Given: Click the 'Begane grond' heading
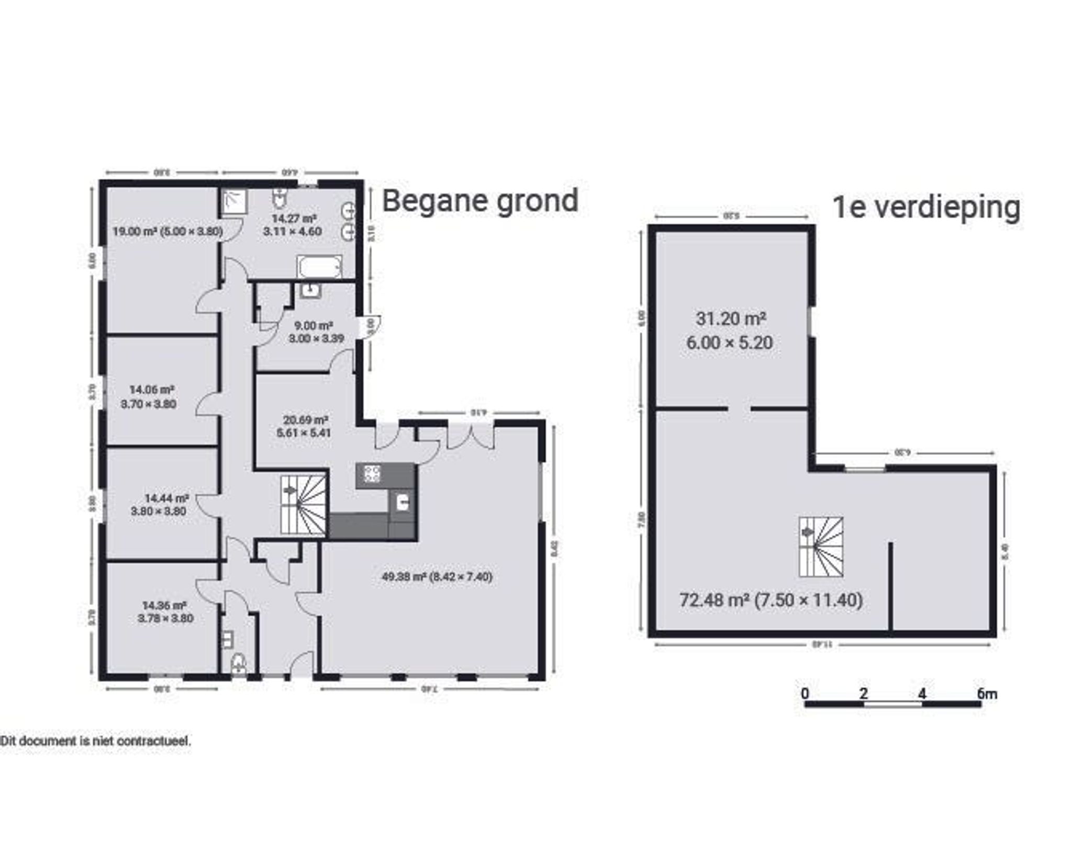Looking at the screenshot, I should click(x=480, y=201).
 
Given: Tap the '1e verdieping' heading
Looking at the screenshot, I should click(x=926, y=208).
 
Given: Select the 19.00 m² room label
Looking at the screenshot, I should click(x=167, y=231).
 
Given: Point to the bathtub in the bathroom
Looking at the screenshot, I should click(x=319, y=266).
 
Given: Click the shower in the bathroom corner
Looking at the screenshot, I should click(x=234, y=202).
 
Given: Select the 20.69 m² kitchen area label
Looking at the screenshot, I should click(x=305, y=426).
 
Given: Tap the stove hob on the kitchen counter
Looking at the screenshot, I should click(x=372, y=474).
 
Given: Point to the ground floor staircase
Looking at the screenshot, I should click(x=304, y=504).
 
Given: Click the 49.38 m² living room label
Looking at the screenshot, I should click(x=437, y=577).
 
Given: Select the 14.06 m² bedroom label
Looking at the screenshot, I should click(x=151, y=396).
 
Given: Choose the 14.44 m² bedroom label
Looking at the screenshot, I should click(x=159, y=505).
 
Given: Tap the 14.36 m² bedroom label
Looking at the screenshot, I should click(x=165, y=611).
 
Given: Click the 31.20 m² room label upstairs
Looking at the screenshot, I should click(x=730, y=331).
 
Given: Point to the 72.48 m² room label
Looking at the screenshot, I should click(x=770, y=599).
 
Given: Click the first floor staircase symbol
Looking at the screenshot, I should click(x=820, y=547).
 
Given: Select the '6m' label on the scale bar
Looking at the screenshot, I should click(x=986, y=694).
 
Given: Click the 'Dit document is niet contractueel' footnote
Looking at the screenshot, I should click(x=95, y=741).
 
